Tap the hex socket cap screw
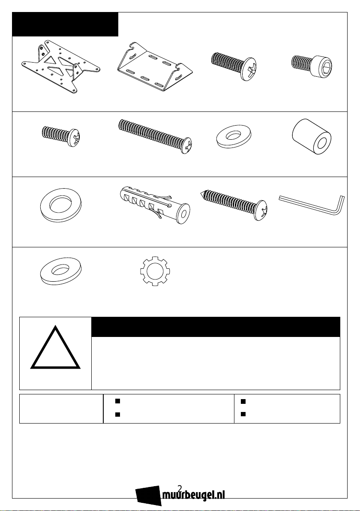click(313, 66)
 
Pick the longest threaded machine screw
click(155, 136)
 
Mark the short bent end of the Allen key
click(341, 205)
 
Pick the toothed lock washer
click(155, 271)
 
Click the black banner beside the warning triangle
click(216, 327)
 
